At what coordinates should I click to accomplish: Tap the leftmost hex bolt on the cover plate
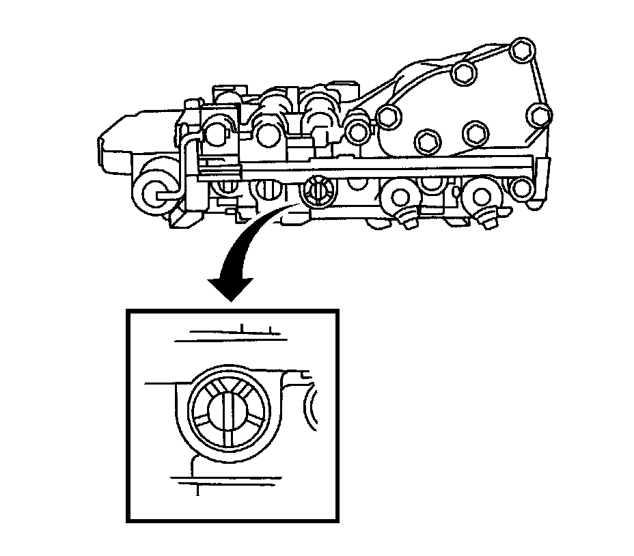click(387, 117)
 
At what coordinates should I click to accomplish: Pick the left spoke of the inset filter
click(202, 413)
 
